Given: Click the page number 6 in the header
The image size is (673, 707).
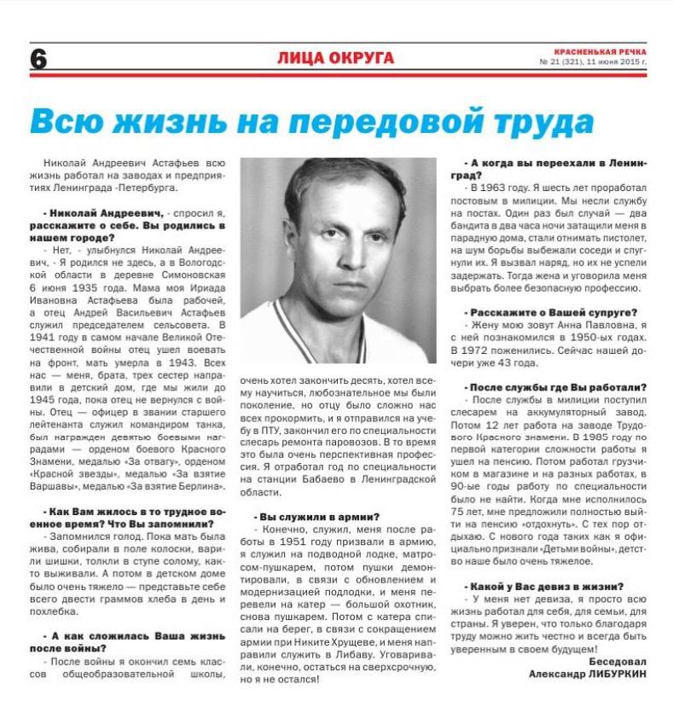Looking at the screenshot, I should [x=39, y=59].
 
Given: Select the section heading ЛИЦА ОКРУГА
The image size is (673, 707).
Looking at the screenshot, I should [x=335, y=58].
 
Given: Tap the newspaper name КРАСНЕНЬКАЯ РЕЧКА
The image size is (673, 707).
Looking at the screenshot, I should [x=600, y=52].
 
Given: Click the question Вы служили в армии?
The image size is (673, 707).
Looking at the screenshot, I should [x=317, y=516].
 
